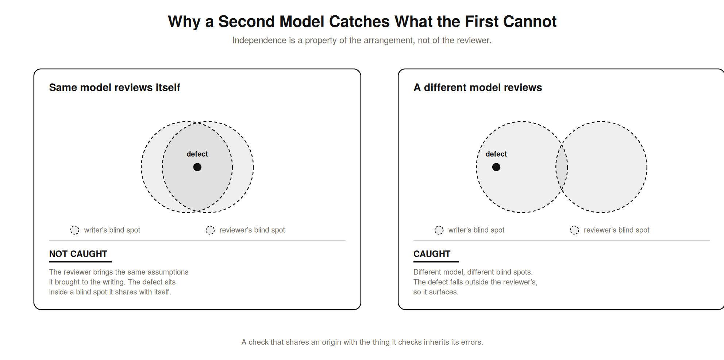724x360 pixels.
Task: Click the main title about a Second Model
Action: coord(362,22)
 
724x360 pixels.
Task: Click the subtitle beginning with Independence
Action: coord(362,40)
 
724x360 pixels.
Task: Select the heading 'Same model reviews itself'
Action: coord(115,88)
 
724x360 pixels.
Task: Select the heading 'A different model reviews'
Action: coord(478,88)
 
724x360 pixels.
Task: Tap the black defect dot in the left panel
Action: coord(197,167)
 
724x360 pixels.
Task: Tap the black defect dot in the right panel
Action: coord(496,167)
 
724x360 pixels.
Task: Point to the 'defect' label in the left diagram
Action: coord(197,154)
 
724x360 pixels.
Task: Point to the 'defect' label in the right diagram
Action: coord(496,154)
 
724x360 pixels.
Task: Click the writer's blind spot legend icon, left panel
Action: coord(75,230)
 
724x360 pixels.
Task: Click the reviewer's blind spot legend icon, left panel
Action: coord(210,230)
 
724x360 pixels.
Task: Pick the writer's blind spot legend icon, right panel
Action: coord(439,230)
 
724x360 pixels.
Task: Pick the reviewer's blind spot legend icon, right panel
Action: coord(574,230)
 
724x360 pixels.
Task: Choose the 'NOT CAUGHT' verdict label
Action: coord(78,254)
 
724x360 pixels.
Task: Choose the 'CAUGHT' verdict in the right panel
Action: coord(432,254)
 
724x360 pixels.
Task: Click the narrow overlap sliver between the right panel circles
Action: coord(562,167)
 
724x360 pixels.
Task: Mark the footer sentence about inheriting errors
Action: coord(362,342)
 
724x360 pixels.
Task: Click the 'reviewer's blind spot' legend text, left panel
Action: coord(252,230)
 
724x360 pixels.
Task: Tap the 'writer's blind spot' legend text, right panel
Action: coord(476,230)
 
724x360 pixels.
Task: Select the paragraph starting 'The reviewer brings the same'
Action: coord(119,282)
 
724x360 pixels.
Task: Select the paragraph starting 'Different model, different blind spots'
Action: coord(475,282)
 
